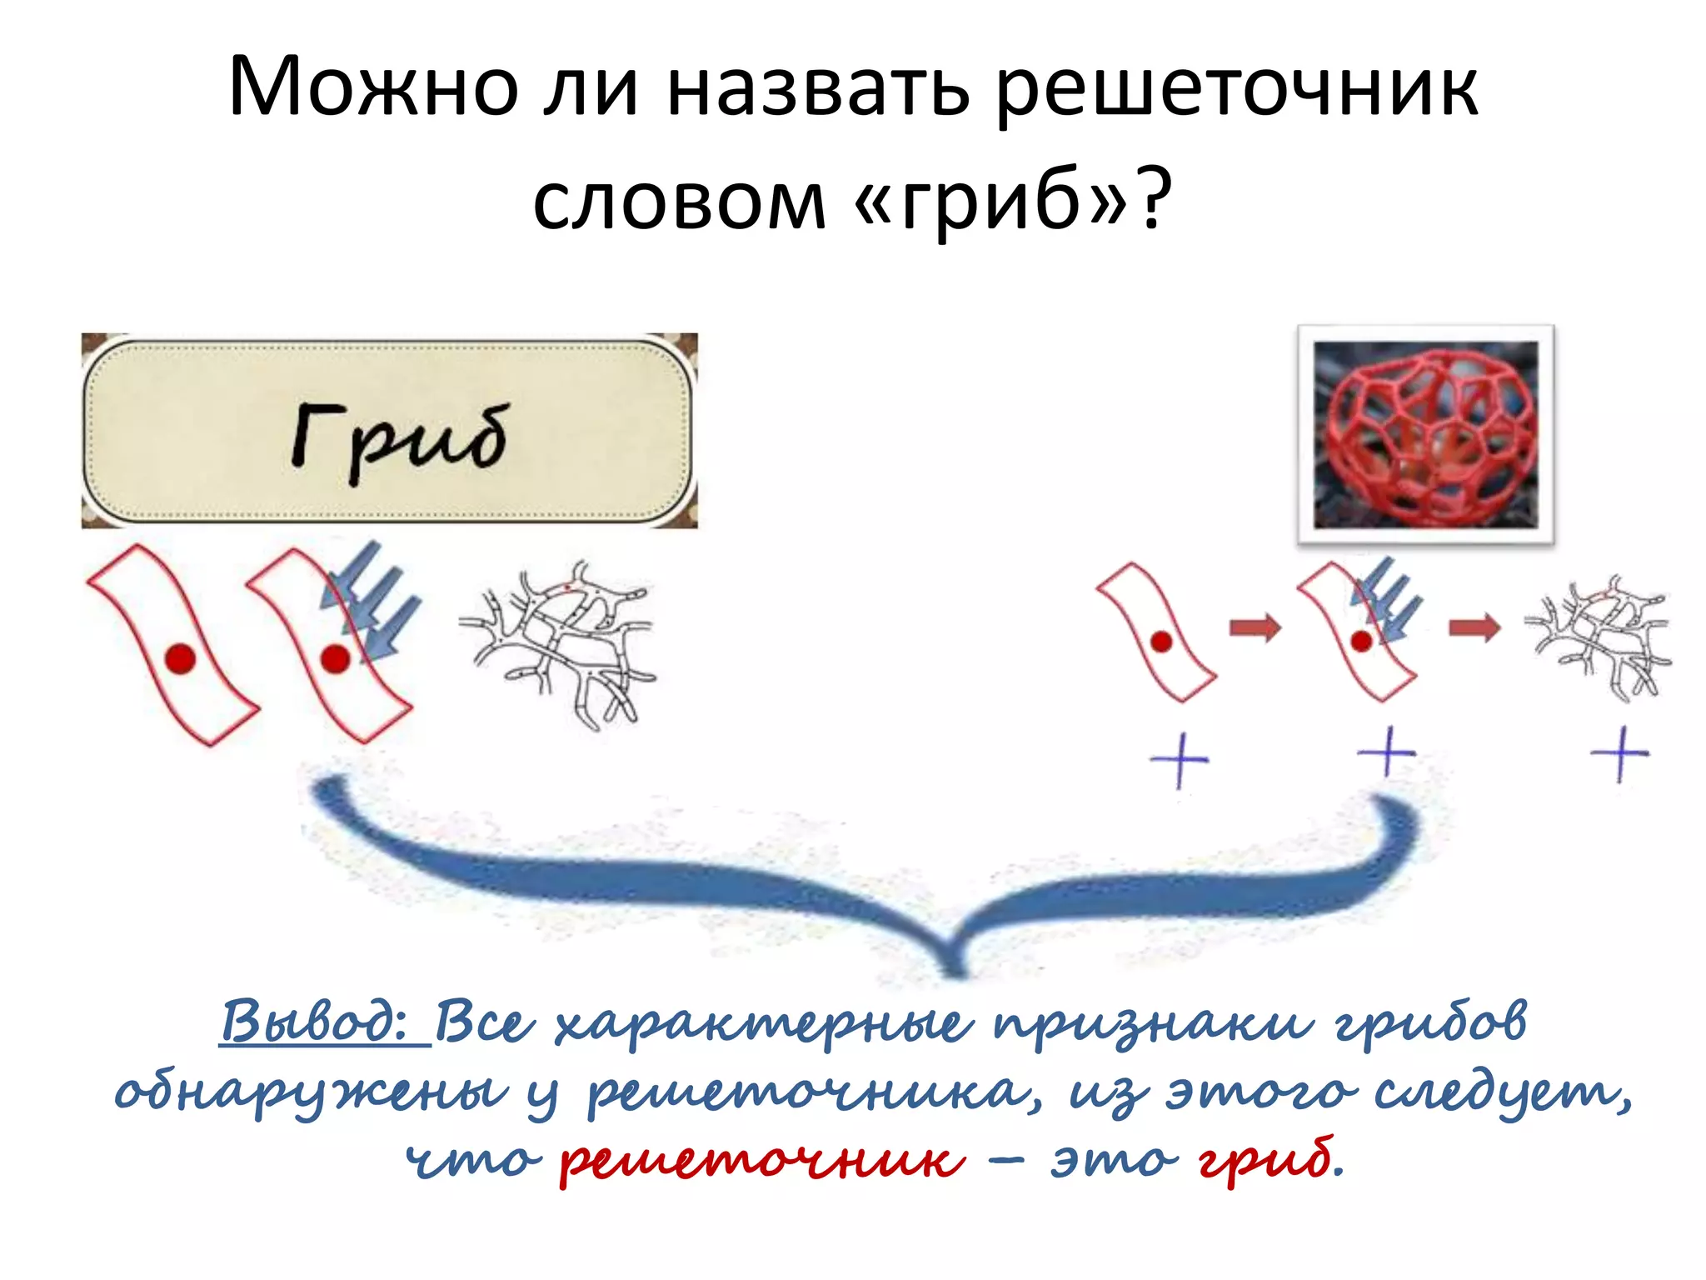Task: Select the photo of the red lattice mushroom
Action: coord(1425,434)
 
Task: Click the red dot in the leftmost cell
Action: coord(180,658)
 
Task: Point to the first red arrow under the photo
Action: coord(1255,627)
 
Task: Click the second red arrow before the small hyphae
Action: coord(1474,627)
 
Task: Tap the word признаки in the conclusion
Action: coord(1154,1024)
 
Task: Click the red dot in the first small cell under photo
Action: coord(1161,642)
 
